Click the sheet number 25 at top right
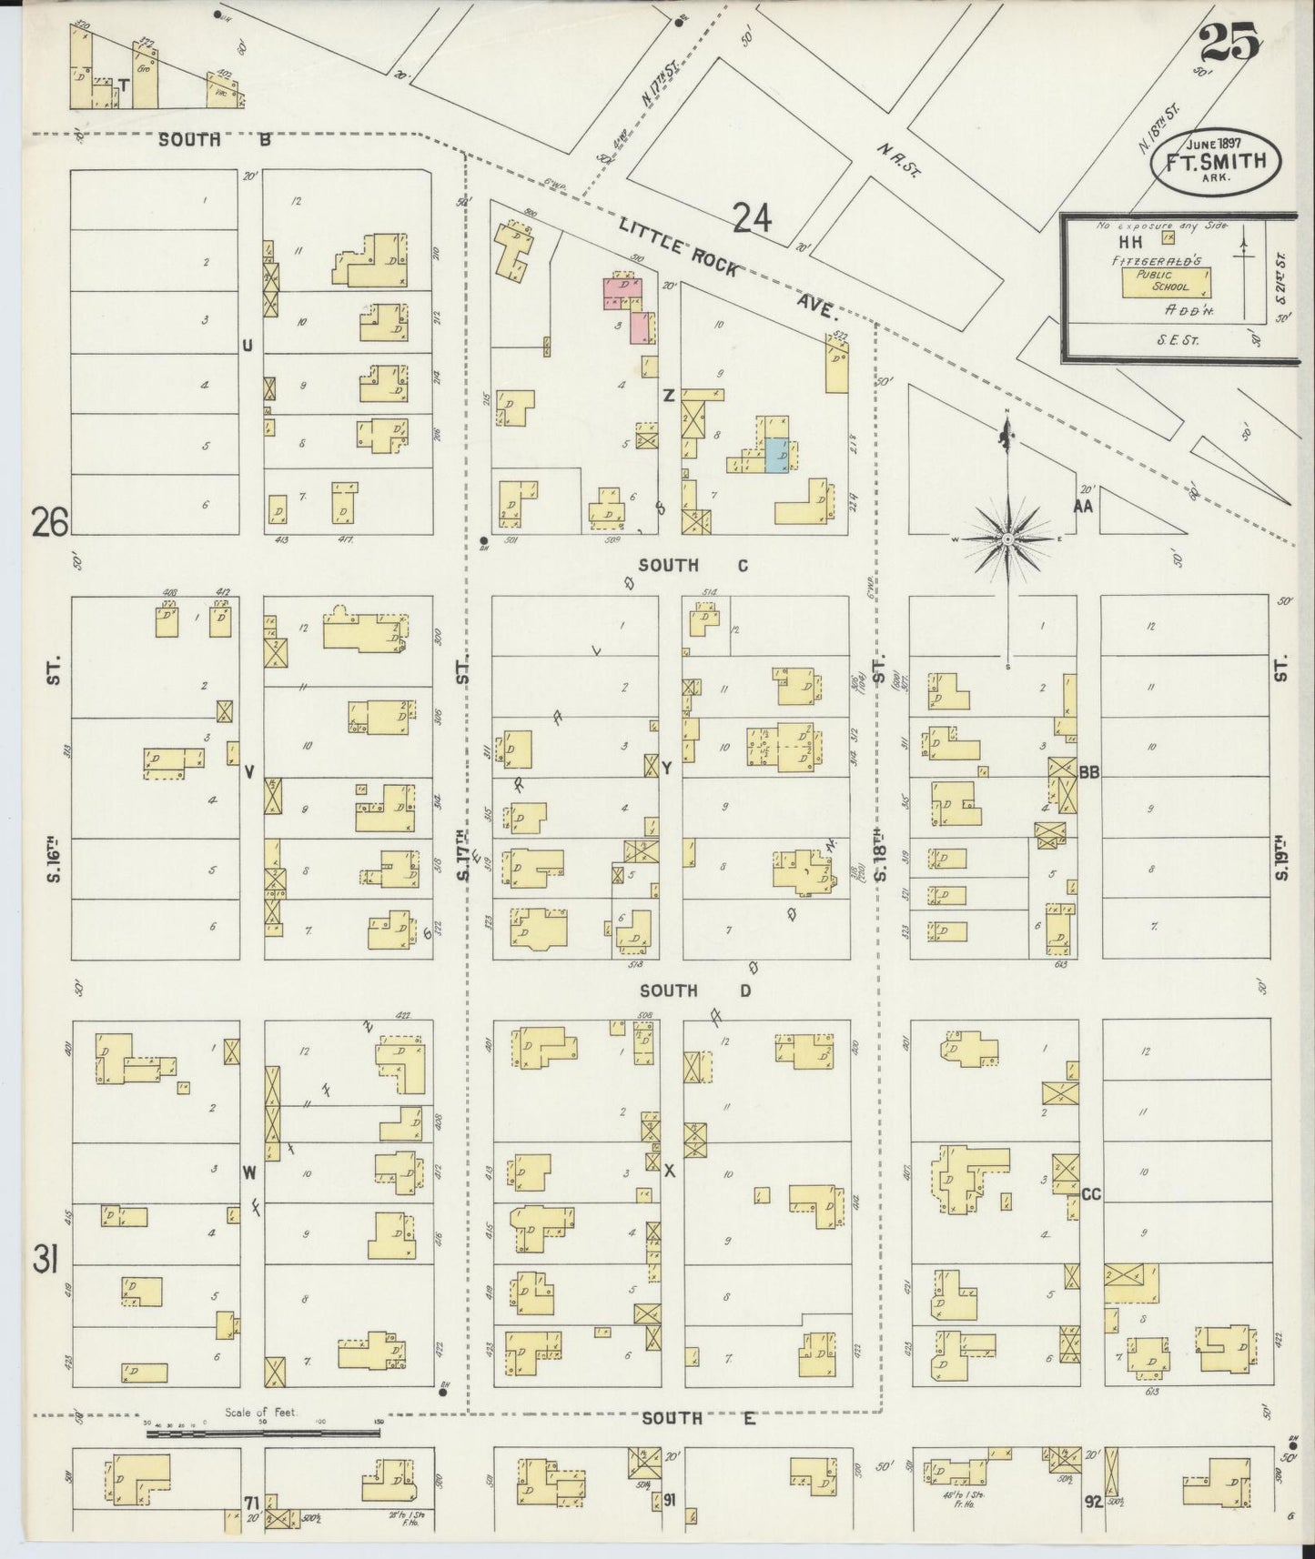click(1229, 43)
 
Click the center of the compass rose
click(1008, 539)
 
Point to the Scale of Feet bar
click(264, 1433)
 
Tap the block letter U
click(247, 345)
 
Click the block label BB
click(1089, 772)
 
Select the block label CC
click(1090, 1194)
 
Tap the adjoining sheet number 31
click(46, 1261)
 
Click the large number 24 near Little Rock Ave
click(753, 218)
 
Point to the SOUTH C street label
click(693, 566)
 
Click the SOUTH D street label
click(694, 991)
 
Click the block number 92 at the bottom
click(1092, 1502)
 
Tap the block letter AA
click(1082, 507)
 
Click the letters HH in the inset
click(1130, 242)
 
